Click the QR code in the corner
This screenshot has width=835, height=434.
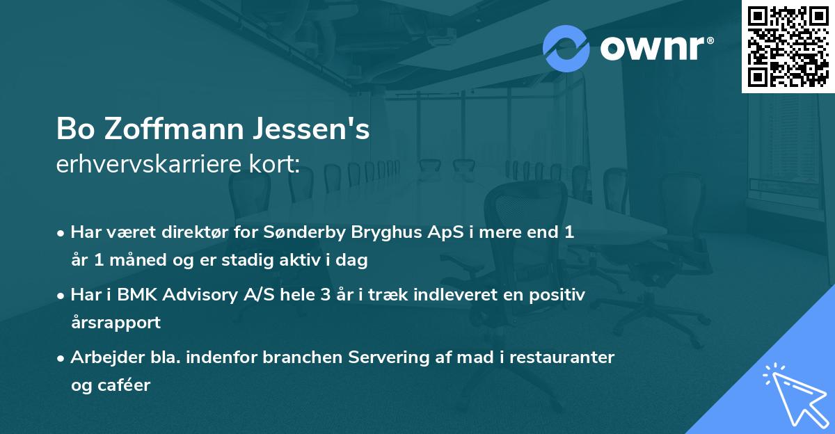(x=788, y=47)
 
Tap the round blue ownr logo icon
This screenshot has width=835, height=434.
(x=566, y=48)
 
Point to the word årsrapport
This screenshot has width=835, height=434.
(x=116, y=323)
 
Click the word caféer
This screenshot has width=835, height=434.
(x=122, y=385)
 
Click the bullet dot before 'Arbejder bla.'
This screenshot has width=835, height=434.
(x=62, y=358)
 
